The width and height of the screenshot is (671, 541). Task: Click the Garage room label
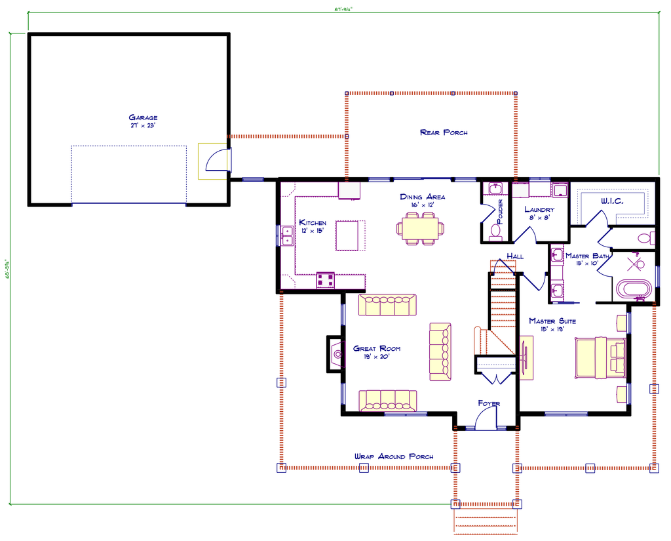tap(143, 118)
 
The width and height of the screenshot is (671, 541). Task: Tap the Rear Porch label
tap(444, 132)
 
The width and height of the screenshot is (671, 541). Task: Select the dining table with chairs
tap(420, 230)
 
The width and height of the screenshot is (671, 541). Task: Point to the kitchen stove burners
tap(326, 280)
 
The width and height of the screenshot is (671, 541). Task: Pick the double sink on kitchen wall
tap(287, 235)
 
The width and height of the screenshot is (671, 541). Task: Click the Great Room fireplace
tap(335, 355)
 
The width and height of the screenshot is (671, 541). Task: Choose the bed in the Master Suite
tap(600, 358)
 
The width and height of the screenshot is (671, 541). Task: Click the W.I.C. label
tap(612, 201)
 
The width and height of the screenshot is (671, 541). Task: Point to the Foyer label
tap(489, 403)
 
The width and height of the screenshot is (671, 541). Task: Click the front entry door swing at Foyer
tap(487, 421)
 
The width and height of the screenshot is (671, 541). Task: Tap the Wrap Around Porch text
tap(393, 456)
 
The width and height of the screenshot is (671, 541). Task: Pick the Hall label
tap(515, 256)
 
